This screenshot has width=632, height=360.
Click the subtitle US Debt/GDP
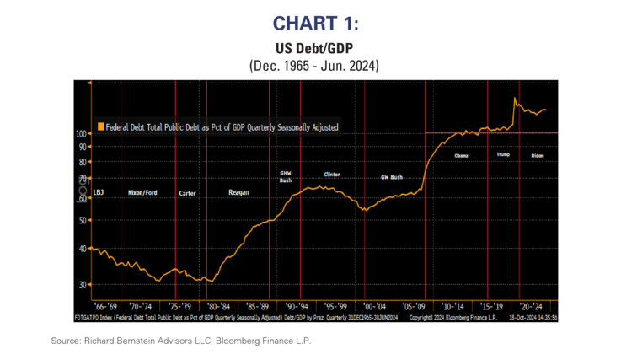click(316, 48)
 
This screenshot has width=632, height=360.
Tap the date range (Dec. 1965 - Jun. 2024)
click(316, 65)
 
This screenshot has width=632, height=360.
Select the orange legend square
click(100, 126)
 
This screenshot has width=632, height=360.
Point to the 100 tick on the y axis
click(81, 134)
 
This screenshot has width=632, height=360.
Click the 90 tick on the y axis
click(83, 147)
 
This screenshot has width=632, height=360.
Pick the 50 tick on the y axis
click(83, 220)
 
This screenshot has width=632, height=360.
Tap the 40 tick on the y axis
click(83, 249)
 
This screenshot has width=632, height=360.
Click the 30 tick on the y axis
click(83, 285)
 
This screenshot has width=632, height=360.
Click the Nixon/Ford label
click(142, 192)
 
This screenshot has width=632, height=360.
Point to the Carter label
click(188, 193)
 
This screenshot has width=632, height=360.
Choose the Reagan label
click(239, 192)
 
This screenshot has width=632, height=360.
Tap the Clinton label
click(332, 174)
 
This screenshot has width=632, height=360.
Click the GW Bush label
click(392, 177)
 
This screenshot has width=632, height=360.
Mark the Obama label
click(461, 156)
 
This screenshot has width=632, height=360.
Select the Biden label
click(538, 156)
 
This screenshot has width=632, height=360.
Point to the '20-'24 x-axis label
click(531, 306)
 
